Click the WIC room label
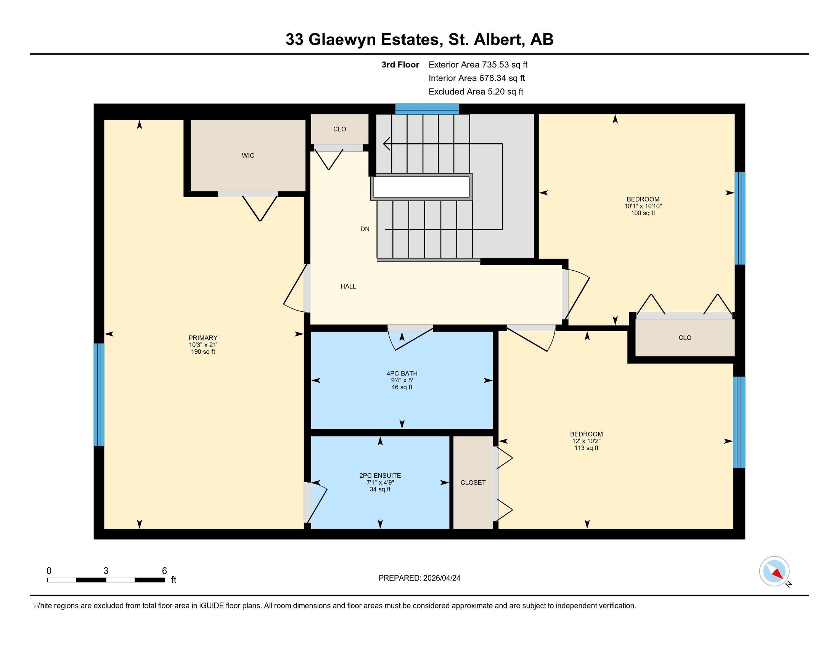pos(248,156)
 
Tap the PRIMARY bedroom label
pos(203,338)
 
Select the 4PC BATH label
pos(402,373)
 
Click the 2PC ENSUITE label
pos(380,475)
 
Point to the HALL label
pos(348,286)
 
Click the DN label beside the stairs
pos(365,229)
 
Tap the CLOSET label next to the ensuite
pos(473,483)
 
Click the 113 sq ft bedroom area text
pos(586,448)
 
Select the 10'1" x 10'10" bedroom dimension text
pos(643,206)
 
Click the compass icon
pos(774,571)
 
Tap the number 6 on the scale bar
pos(164,571)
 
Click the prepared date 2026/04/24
pos(441,578)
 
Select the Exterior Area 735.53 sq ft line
pos(478,65)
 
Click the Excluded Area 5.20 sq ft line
pos(476,92)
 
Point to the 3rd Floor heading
pos(400,65)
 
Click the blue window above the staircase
pos(427,109)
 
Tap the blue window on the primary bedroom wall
pos(99,394)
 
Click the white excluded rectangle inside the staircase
pos(421,186)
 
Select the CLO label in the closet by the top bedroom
pos(685,338)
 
